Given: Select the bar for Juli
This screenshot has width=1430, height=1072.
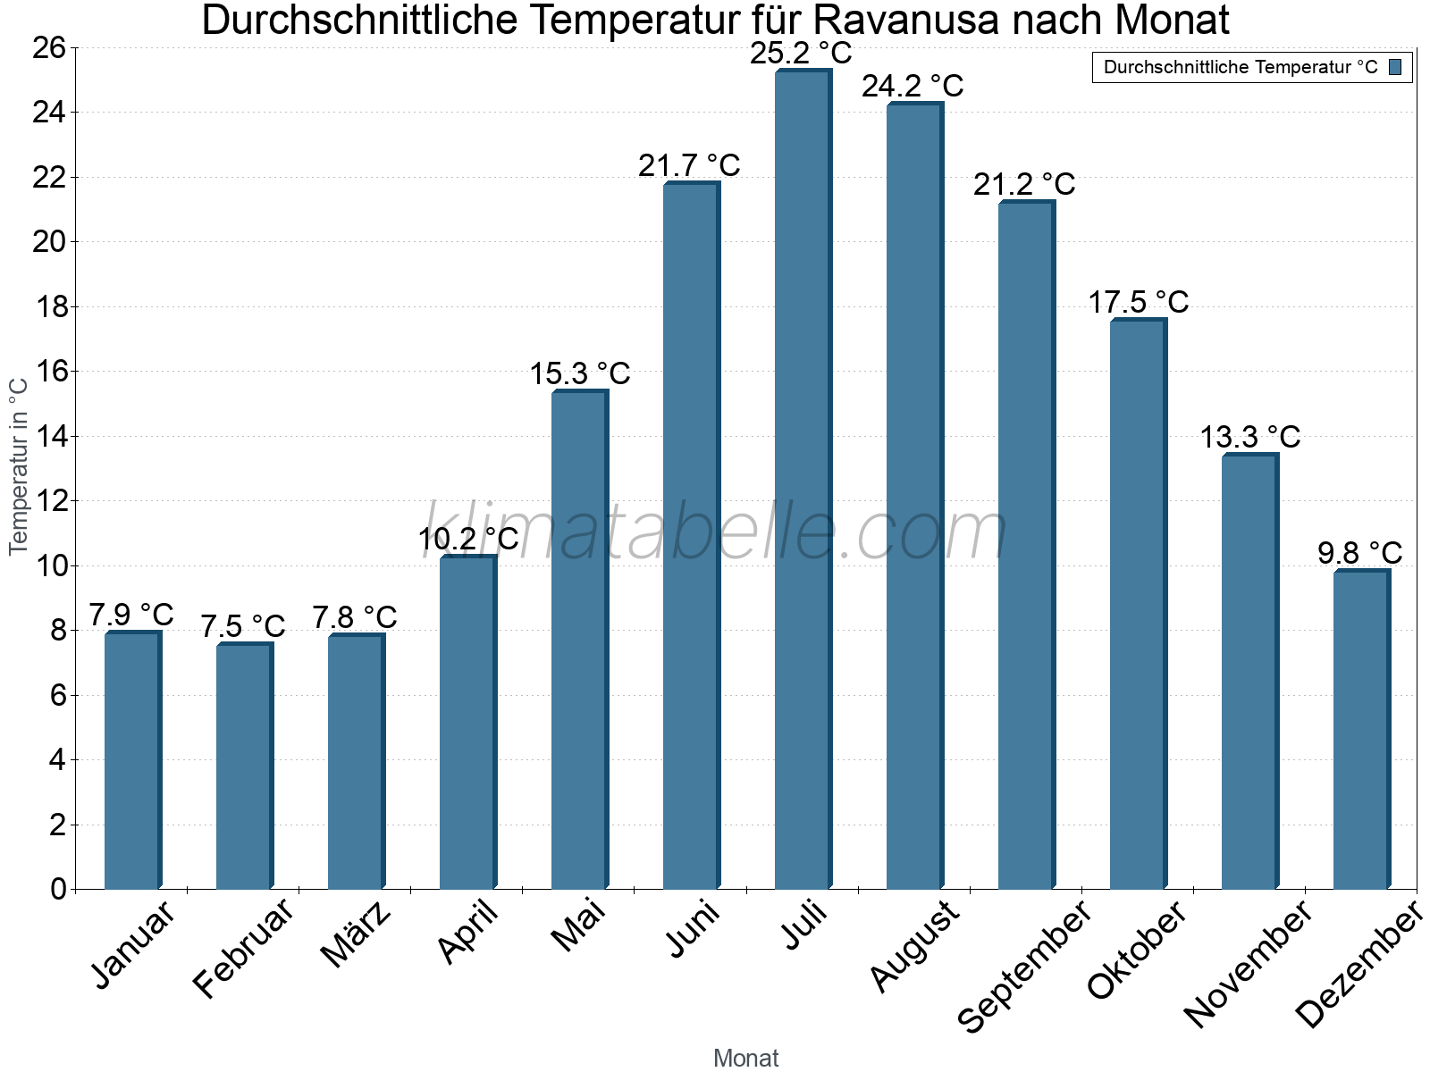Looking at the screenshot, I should pyautogui.click(x=803, y=482).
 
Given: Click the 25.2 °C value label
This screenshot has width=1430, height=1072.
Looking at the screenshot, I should pyautogui.click(x=801, y=54).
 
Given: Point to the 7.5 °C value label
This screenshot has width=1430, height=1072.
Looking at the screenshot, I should pyautogui.click(x=242, y=626).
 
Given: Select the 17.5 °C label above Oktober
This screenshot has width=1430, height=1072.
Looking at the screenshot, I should pyautogui.click(x=1138, y=302).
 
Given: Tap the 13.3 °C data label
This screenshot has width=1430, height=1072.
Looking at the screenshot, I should pyautogui.click(x=1249, y=437).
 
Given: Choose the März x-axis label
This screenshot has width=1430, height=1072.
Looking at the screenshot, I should pyautogui.click(x=357, y=934).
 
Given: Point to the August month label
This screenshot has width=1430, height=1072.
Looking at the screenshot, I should pyautogui.click(x=915, y=947).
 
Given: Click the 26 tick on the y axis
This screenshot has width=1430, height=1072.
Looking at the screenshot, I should pyautogui.click(x=49, y=47).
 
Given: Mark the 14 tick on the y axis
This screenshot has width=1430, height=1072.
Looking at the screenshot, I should pyautogui.click(x=49, y=437).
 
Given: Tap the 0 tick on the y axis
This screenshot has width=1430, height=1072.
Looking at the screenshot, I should pyautogui.click(x=58, y=889).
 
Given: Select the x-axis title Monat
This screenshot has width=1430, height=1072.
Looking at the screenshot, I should pyautogui.click(x=745, y=1058).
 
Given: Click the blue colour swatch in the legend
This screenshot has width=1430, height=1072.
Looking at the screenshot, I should pyautogui.click(x=1395, y=67).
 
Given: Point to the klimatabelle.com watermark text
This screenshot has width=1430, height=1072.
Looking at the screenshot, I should pyautogui.click(x=715, y=532).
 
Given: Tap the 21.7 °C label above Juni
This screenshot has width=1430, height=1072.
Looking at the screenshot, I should pyautogui.click(x=689, y=165).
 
